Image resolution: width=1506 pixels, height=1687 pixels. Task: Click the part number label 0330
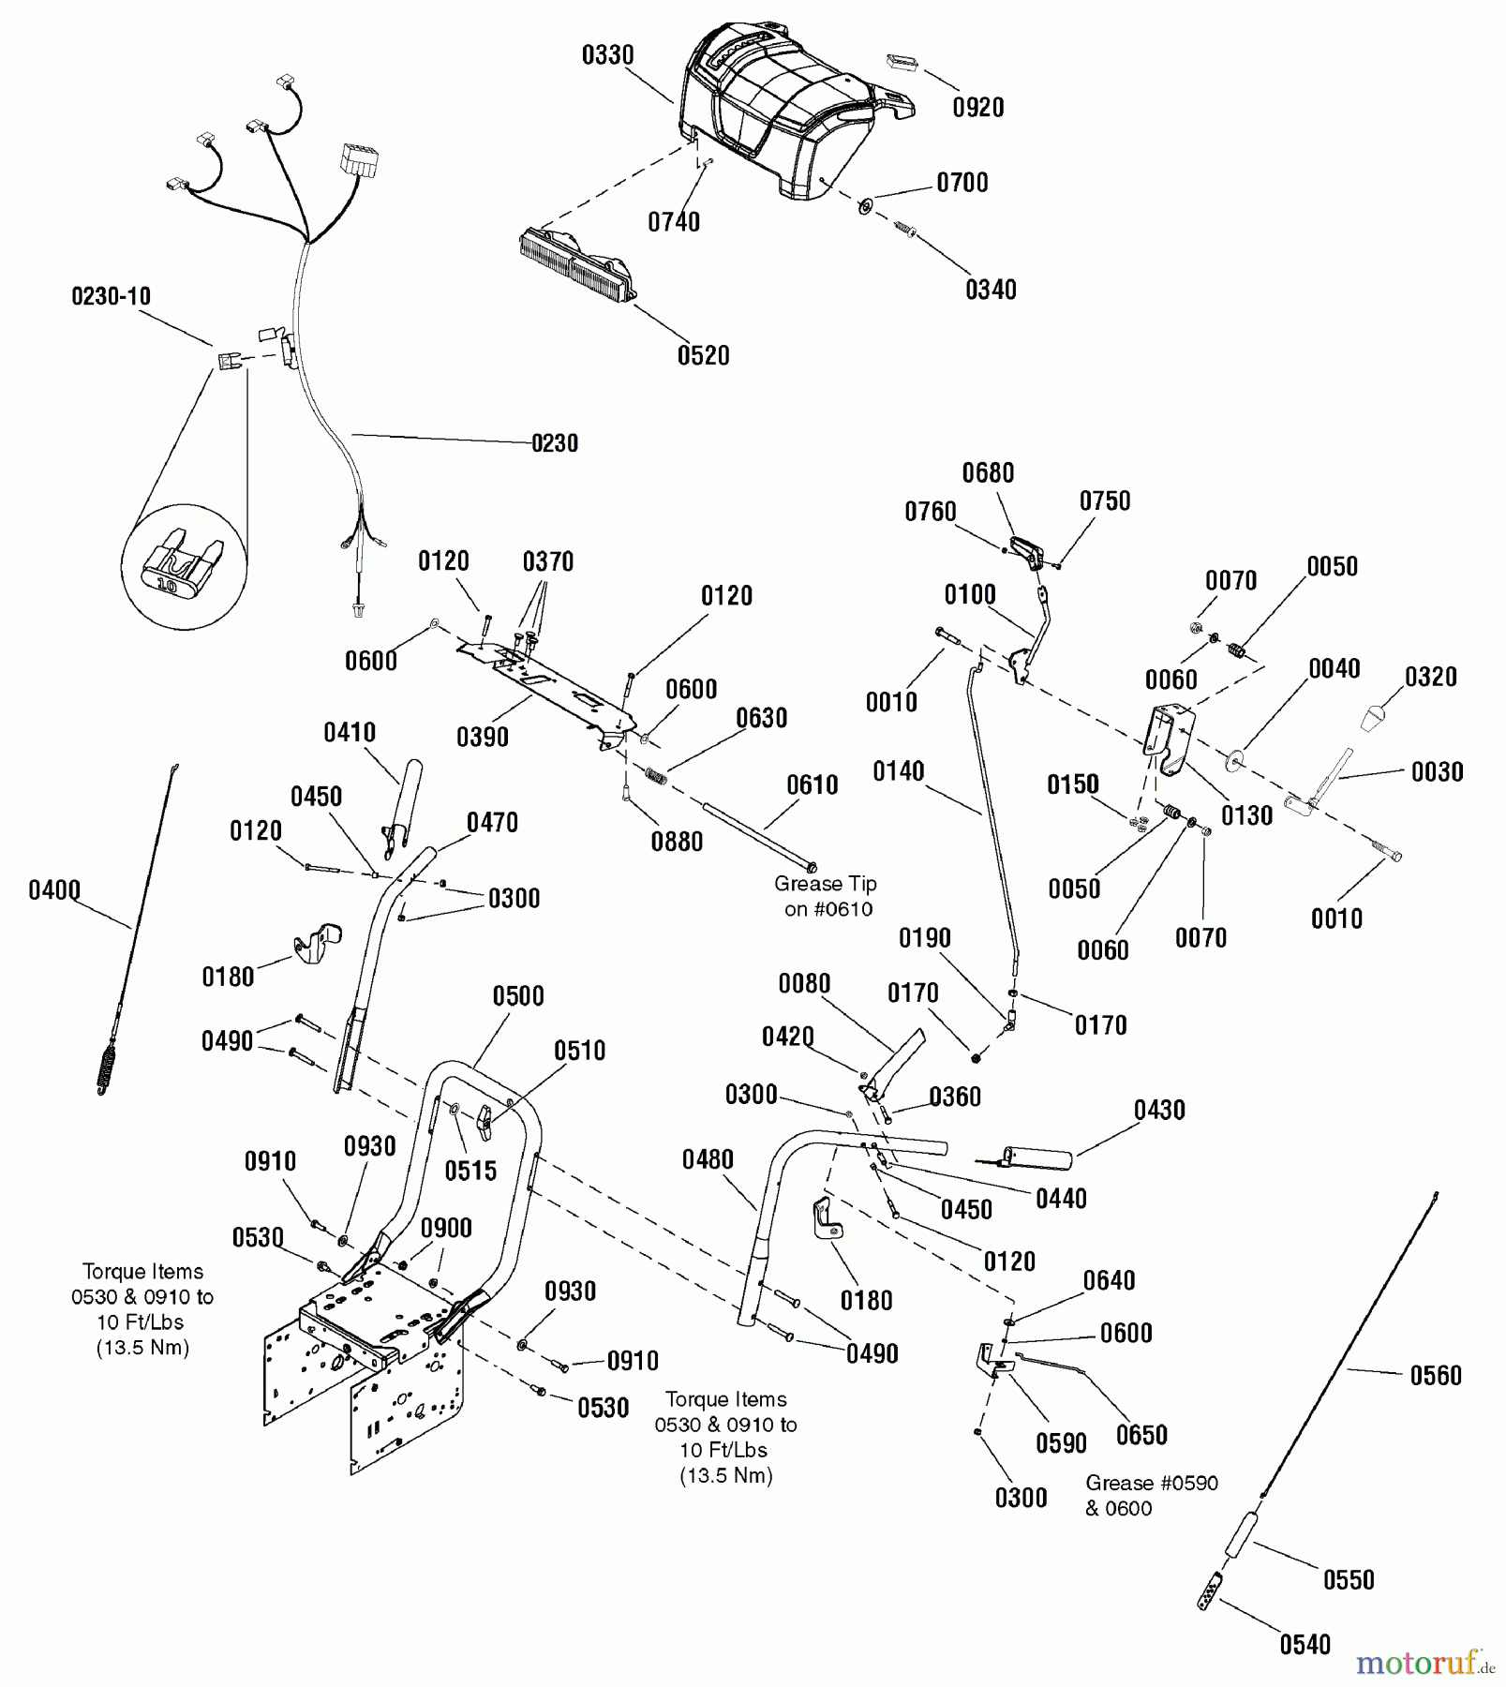tap(607, 56)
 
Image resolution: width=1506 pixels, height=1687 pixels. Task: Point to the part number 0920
tap(977, 108)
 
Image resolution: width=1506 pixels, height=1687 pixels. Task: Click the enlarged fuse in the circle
tap(184, 567)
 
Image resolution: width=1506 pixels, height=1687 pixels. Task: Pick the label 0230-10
tap(111, 297)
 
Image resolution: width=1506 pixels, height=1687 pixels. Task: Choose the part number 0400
tap(54, 889)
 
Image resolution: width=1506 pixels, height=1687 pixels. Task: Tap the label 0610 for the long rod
tap(812, 785)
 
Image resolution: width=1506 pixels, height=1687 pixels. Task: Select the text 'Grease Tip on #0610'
tap(826, 896)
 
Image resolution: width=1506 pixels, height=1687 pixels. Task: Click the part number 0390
tap(483, 738)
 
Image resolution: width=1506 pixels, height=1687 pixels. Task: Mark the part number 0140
tap(898, 771)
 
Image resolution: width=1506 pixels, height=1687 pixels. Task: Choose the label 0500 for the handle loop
tap(518, 996)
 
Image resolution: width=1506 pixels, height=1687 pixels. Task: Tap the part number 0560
tap(1436, 1376)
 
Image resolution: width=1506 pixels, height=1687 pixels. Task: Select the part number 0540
tap(1305, 1645)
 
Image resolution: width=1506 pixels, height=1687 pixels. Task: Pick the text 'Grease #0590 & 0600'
tap(1151, 1495)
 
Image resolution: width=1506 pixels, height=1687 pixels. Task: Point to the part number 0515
tap(470, 1171)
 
